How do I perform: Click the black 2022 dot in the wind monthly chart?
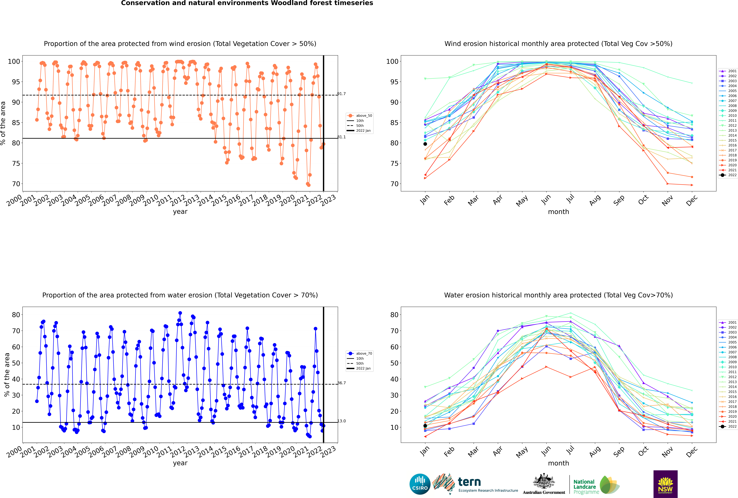pyautogui.click(x=425, y=144)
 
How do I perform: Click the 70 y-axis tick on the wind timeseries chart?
pyautogui.click(x=16, y=184)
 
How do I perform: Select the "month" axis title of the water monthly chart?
pyautogui.click(x=558, y=463)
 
